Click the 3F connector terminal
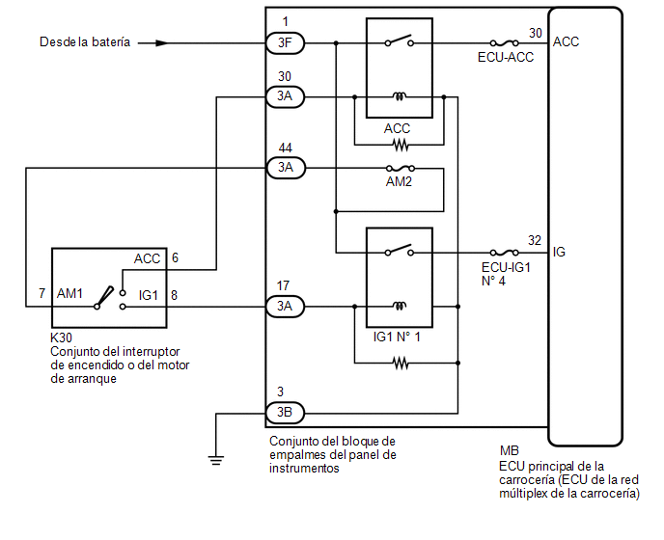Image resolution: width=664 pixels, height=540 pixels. [285, 42]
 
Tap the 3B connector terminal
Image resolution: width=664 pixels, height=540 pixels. [285, 412]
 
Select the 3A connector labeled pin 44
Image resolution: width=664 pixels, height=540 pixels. [286, 168]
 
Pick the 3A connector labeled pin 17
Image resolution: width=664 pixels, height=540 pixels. [285, 306]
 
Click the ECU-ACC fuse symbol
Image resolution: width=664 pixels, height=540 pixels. [504, 42]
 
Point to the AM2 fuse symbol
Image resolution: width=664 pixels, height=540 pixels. [400, 168]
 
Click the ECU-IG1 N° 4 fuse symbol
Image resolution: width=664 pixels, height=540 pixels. [504, 253]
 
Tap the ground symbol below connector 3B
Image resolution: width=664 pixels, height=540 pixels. [216, 460]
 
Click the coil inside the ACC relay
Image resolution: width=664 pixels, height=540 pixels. [400, 96]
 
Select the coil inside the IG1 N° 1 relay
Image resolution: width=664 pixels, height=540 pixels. [400, 305]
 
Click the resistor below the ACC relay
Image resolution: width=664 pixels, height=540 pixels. [401, 146]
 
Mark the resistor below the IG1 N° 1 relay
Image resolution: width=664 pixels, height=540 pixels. [401, 363]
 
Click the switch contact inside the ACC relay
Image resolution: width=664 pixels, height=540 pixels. [400, 40]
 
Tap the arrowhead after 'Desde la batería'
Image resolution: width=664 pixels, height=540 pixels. [161, 42]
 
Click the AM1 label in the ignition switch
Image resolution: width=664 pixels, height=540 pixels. [69, 293]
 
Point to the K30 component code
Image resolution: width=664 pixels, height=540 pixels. [61, 337]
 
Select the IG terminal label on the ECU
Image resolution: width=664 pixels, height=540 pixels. [559, 253]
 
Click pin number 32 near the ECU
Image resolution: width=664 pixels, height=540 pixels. [535, 240]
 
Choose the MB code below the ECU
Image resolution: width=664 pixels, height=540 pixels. [509, 450]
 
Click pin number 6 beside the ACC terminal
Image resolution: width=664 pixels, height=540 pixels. [175, 257]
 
